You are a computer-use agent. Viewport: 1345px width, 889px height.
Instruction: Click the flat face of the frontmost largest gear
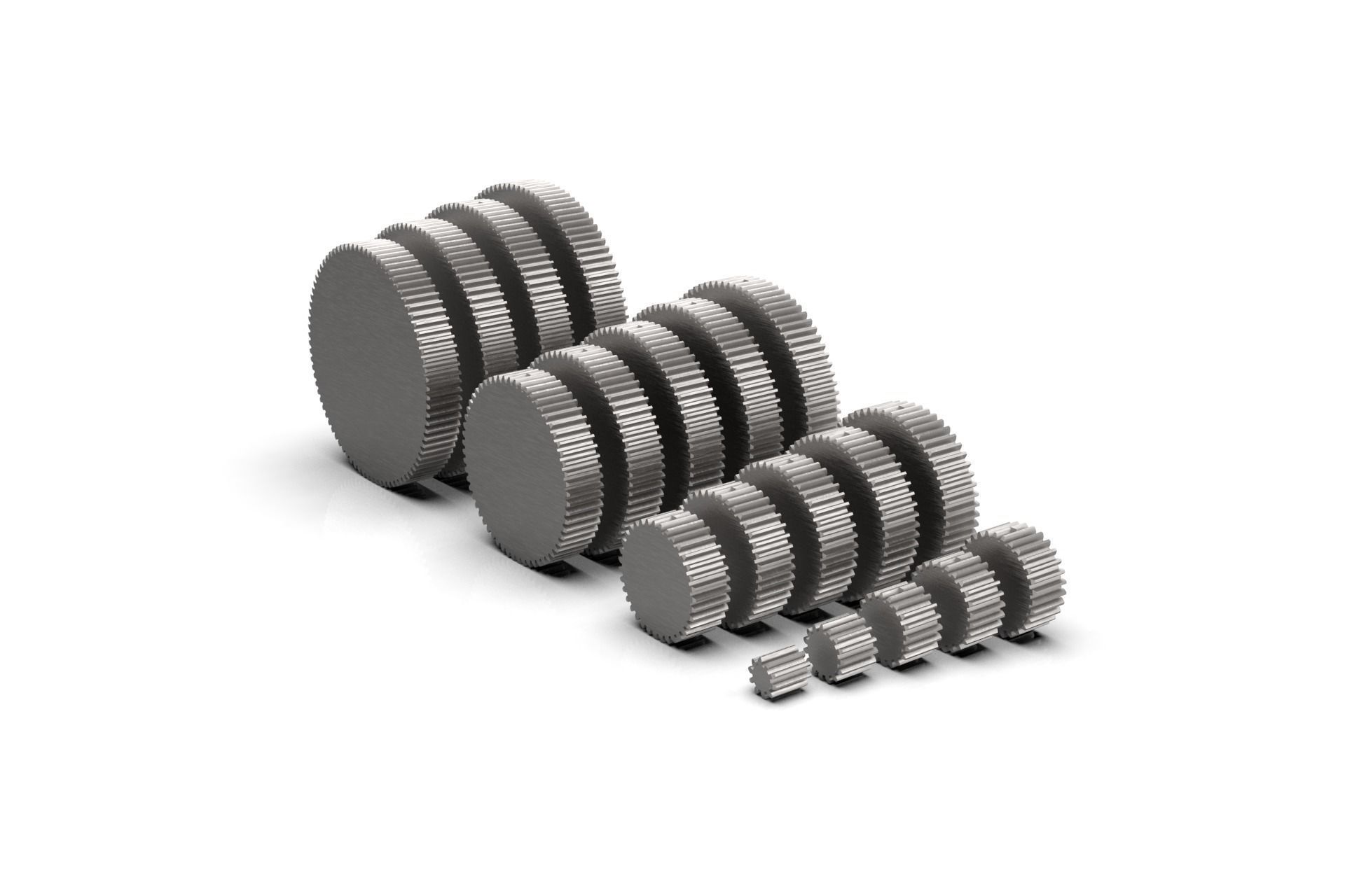378,364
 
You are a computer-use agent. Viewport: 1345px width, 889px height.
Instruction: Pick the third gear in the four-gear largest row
532,266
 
